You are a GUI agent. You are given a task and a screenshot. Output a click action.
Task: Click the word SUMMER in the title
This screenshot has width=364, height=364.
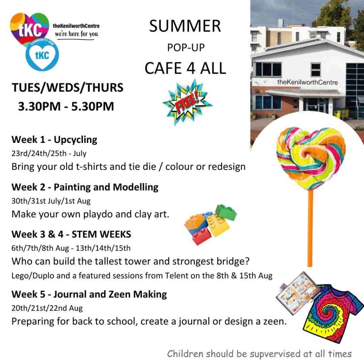click(x=185, y=26)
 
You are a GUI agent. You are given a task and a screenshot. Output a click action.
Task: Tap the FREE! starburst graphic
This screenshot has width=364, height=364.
click(x=187, y=102)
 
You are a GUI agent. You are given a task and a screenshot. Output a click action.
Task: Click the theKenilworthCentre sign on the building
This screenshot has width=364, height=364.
click(x=307, y=82)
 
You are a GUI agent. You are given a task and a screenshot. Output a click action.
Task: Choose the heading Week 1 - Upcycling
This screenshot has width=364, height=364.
click(x=54, y=139)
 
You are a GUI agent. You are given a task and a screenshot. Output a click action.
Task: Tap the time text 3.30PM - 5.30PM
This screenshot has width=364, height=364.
click(x=66, y=106)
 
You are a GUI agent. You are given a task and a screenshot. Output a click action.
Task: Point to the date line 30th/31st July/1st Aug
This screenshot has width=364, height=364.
click(x=51, y=201)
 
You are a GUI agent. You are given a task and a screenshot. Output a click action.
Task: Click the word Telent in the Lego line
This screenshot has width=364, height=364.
click(x=177, y=275)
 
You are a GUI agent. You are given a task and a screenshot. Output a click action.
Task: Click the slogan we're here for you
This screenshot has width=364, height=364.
click(x=77, y=34)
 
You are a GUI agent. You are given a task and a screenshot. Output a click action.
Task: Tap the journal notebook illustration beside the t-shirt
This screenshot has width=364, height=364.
click(x=298, y=293)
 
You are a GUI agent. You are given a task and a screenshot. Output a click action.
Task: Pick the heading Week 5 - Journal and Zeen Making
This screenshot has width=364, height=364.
click(x=89, y=294)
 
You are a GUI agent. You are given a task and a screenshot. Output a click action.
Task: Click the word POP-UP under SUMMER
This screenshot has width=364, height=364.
click(x=186, y=48)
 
